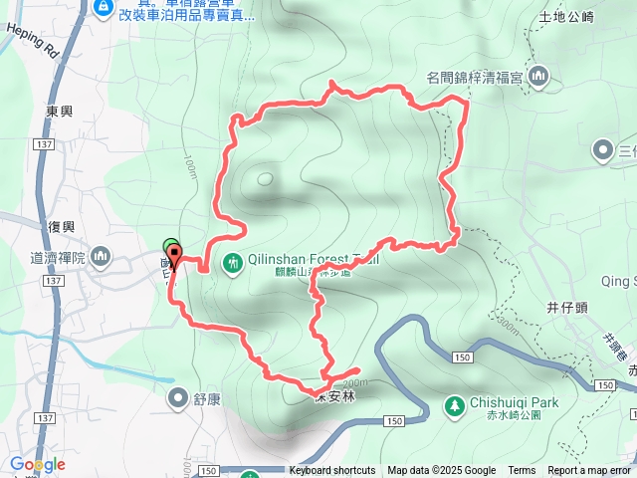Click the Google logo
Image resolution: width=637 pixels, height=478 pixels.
click(37, 464)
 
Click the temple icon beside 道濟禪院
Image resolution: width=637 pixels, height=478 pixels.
click(100, 258)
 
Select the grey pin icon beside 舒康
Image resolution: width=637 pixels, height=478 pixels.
click(178, 399)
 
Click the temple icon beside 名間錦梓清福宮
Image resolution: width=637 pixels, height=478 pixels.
click(539, 75)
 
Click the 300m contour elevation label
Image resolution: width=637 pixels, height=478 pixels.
click(507, 326)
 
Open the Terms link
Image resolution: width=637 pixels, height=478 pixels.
click(522, 471)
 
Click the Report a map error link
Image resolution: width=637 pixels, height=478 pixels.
click(590, 471)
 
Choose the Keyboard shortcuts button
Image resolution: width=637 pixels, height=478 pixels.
click(332, 471)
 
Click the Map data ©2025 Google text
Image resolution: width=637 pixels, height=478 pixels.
click(441, 471)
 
